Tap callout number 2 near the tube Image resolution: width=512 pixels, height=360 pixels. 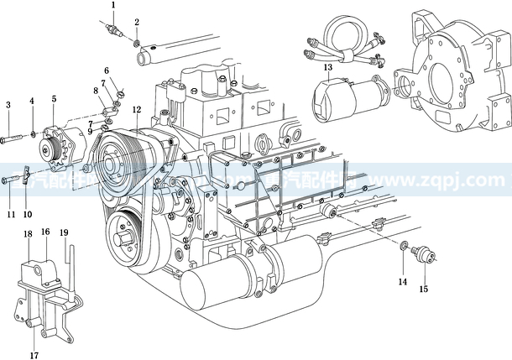[137, 22]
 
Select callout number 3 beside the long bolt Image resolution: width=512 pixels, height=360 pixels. [8, 105]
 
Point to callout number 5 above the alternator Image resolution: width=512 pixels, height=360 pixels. [55, 100]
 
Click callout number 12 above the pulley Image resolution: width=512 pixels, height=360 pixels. [136, 110]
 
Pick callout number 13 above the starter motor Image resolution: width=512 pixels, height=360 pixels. [328, 66]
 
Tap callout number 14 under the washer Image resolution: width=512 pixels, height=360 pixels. [403, 281]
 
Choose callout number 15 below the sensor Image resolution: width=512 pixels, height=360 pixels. [424, 290]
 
